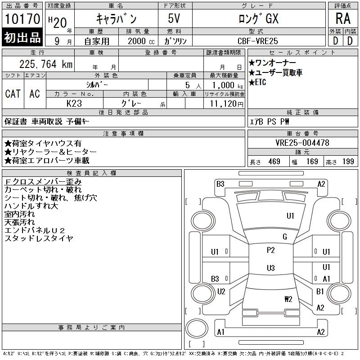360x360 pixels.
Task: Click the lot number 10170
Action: [x=22, y=19]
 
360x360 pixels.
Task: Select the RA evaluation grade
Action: [x=342, y=18]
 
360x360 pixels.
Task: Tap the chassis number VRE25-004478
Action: [x=302, y=143]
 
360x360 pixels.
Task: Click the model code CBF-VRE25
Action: [x=258, y=40]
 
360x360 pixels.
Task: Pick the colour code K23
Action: [x=74, y=103]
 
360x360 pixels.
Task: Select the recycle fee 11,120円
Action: [x=224, y=103]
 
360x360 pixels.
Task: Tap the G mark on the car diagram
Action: [x=285, y=237]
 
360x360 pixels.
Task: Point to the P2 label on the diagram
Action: [x=270, y=250]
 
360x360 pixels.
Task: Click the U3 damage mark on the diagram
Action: [x=270, y=268]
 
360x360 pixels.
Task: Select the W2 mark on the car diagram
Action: [x=288, y=299]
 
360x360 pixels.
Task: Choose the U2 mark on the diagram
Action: [x=221, y=291]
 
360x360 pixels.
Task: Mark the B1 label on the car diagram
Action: [x=320, y=291]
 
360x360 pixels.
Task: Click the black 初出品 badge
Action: [x=22, y=38]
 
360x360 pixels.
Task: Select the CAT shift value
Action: [x=13, y=94]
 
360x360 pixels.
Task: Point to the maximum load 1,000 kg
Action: [x=224, y=85]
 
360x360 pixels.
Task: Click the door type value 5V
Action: [x=175, y=18]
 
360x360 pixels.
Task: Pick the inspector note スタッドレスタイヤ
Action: [x=39, y=238]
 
